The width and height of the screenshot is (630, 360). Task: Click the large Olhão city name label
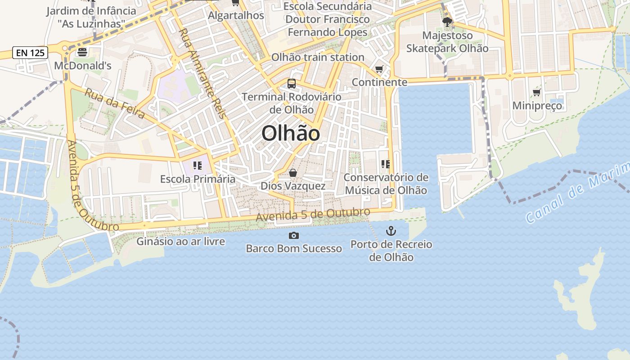pyautogui.click(x=291, y=134)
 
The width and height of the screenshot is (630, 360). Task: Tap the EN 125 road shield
pyautogui.click(x=30, y=53)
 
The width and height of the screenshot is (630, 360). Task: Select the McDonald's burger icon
pyautogui.click(x=82, y=52)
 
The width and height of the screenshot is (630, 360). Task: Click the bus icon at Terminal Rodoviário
pyautogui.click(x=292, y=83)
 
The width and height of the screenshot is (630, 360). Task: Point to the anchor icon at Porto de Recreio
pyautogui.click(x=391, y=231)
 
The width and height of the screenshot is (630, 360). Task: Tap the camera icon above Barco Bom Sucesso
pyautogui.click(x=293, y=235)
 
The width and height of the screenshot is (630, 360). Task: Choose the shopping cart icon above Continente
pyautogui.click(x=379, y=69)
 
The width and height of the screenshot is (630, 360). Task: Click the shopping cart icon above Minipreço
pyautogui.click(x=536, y=92)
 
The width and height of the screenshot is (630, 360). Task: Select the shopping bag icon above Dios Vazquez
pyautogui.click(x=293, y=173)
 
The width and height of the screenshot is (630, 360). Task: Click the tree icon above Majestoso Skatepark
pyautogui.click(x=447, y=22)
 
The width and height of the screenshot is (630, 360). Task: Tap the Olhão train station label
pyautogui.click(x=318, y=57)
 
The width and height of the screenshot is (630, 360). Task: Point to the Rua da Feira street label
pyautogui.click(x=115, y=103)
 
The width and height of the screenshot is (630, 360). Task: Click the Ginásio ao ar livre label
pyautogui.click(x=180, y=241)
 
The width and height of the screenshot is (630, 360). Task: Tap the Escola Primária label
pyautogui.click(x=198, y=179)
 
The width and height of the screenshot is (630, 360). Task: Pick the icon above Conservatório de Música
pyautogui.click(x=385, y=164)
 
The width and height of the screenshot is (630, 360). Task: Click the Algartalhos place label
pyautogui.click(x=236, y=15)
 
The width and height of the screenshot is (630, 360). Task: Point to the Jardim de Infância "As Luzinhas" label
pyautogui.click(x=91, y=17)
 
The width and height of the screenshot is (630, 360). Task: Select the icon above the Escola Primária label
pyautogui.click(x=197, y=166)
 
